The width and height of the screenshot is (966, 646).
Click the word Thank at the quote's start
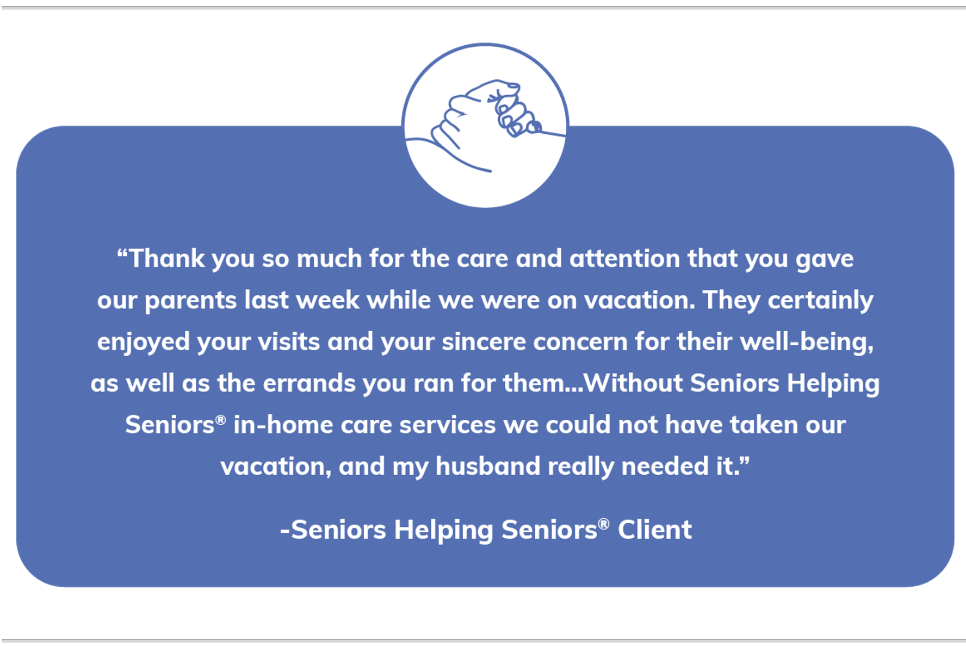(166, 258)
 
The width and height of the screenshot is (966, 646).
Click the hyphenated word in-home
(283, 425)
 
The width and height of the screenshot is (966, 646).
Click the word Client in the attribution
(654, 530)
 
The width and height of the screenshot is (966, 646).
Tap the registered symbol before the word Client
(604, 523)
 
